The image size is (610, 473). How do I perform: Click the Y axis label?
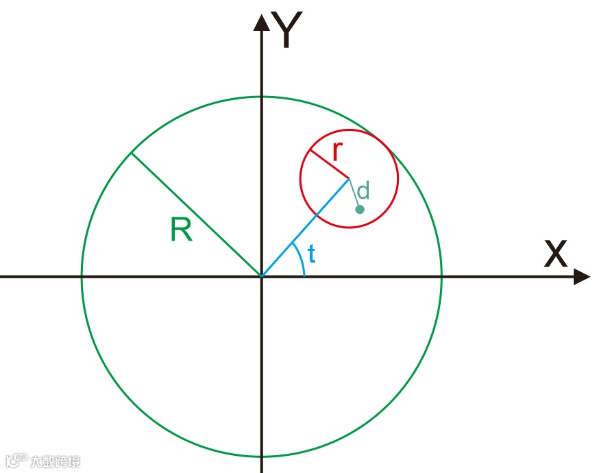pyautogui.click(x=288, y=32)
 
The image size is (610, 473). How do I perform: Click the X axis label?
pyautogui.click(x=556, y=254)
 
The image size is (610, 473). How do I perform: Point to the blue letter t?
pyautogui.click(x=312, y=254)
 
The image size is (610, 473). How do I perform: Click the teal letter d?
pyautogui.click(x=364, y=190)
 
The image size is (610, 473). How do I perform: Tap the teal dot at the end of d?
pyautogui.click(x=360, y=209)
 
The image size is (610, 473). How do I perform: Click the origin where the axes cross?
pyautogui.click(x=261, y=276)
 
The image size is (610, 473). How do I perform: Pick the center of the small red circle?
pyautogui.click(x=350, y=179)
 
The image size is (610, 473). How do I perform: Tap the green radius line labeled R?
pyautogui.click(x=195, y=214)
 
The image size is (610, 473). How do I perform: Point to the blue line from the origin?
pyautogui.click(x=305, y=228)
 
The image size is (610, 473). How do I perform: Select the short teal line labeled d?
pyautogui.click(x=354, y=193)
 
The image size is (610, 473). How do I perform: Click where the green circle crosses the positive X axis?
pyautogui.click(x=441, y=276)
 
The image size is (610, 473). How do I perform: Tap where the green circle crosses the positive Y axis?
pyautogui.click(x=261, y=96)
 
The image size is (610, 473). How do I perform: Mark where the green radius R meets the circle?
pyautogui.click(x=131, y=152)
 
